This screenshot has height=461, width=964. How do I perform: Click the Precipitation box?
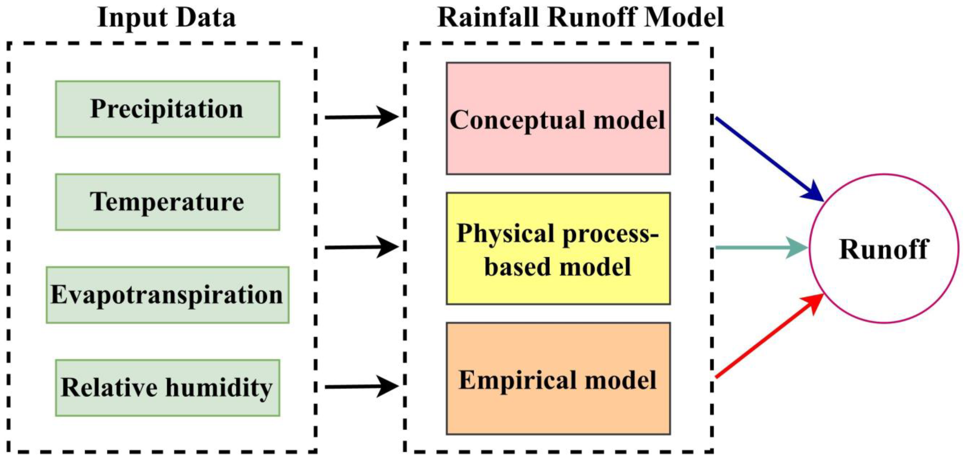click(x=167, y=109)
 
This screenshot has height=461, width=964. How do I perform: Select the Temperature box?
click(x=167, y=202)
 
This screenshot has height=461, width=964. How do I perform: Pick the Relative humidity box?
click(x=167, y=388)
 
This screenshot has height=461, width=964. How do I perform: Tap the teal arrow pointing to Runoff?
click(x=760, y=248)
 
